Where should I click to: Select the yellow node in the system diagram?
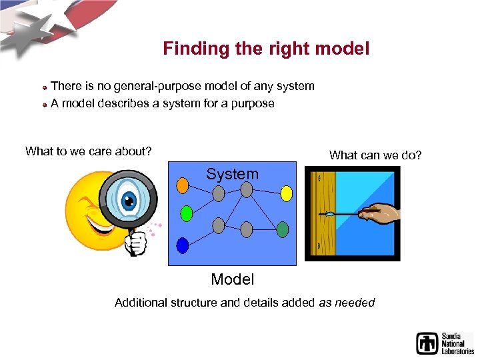click(x=286, y=193)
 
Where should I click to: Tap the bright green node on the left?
click(x=187, y=213)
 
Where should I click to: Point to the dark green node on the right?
click(x=283, y=229)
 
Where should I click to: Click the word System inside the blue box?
click(x=232, y=175)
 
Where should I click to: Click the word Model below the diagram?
click(x=232, y=279)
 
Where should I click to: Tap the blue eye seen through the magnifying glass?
click(x=129, y=199)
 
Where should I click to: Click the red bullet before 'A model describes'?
click(x=44, y=105)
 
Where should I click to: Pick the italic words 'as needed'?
click(x=347, y=303)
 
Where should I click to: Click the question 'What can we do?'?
click(x=375, y=155)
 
